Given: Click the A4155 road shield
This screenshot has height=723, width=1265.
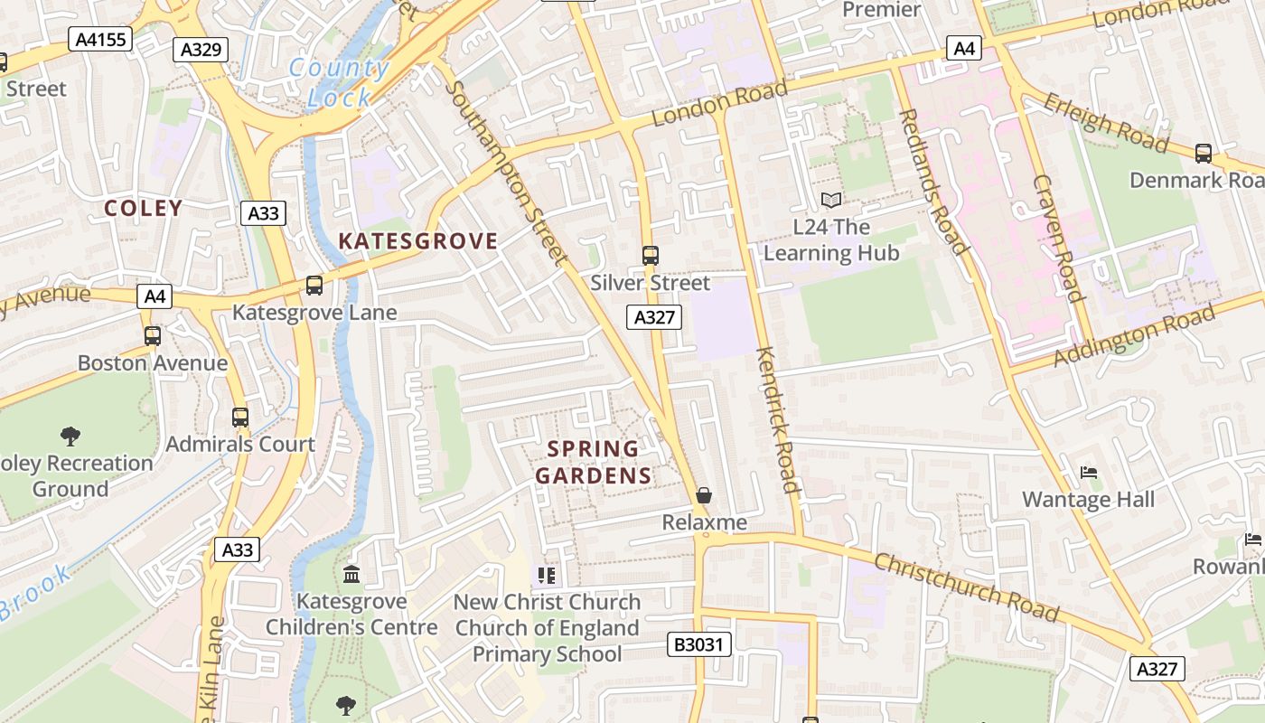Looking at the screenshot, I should click(x=100, y=39).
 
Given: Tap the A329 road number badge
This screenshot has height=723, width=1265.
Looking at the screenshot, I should click(x=201, y=50).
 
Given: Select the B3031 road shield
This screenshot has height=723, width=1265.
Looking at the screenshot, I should click(x=699, y=643).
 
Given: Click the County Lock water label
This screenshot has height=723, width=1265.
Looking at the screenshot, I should click(x=339, y=82).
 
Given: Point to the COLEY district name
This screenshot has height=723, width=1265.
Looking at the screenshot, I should click(x=144, y=208).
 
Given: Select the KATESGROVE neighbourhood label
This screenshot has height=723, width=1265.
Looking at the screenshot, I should click(x=417, y=240).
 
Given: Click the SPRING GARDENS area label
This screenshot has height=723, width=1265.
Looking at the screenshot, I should click(x=594, y=462).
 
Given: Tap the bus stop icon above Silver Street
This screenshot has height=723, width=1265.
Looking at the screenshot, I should click(x=651, y=256).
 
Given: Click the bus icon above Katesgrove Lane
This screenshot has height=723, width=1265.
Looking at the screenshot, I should click(x=314, y=286).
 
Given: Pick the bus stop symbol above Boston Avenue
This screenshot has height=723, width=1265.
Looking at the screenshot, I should click(x=153, y=336).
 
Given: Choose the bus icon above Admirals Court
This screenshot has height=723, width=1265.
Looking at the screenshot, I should click(x=240, y=418).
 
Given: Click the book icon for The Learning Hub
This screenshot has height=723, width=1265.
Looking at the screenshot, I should click(x=831, y=200).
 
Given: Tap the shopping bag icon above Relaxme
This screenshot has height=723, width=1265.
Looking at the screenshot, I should click(x=704, y=495).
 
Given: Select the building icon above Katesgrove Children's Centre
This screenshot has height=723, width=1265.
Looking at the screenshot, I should click(x=351, y=574).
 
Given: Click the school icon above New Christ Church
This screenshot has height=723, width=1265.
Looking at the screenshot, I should click(x=547, y=575).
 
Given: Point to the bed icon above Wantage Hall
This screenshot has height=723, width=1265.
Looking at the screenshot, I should click(x=1089, y=473).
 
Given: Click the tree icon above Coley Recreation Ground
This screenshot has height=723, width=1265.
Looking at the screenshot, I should click(x=70, y=437).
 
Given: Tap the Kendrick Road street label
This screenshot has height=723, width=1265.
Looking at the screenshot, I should click(x=778, y=420).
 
